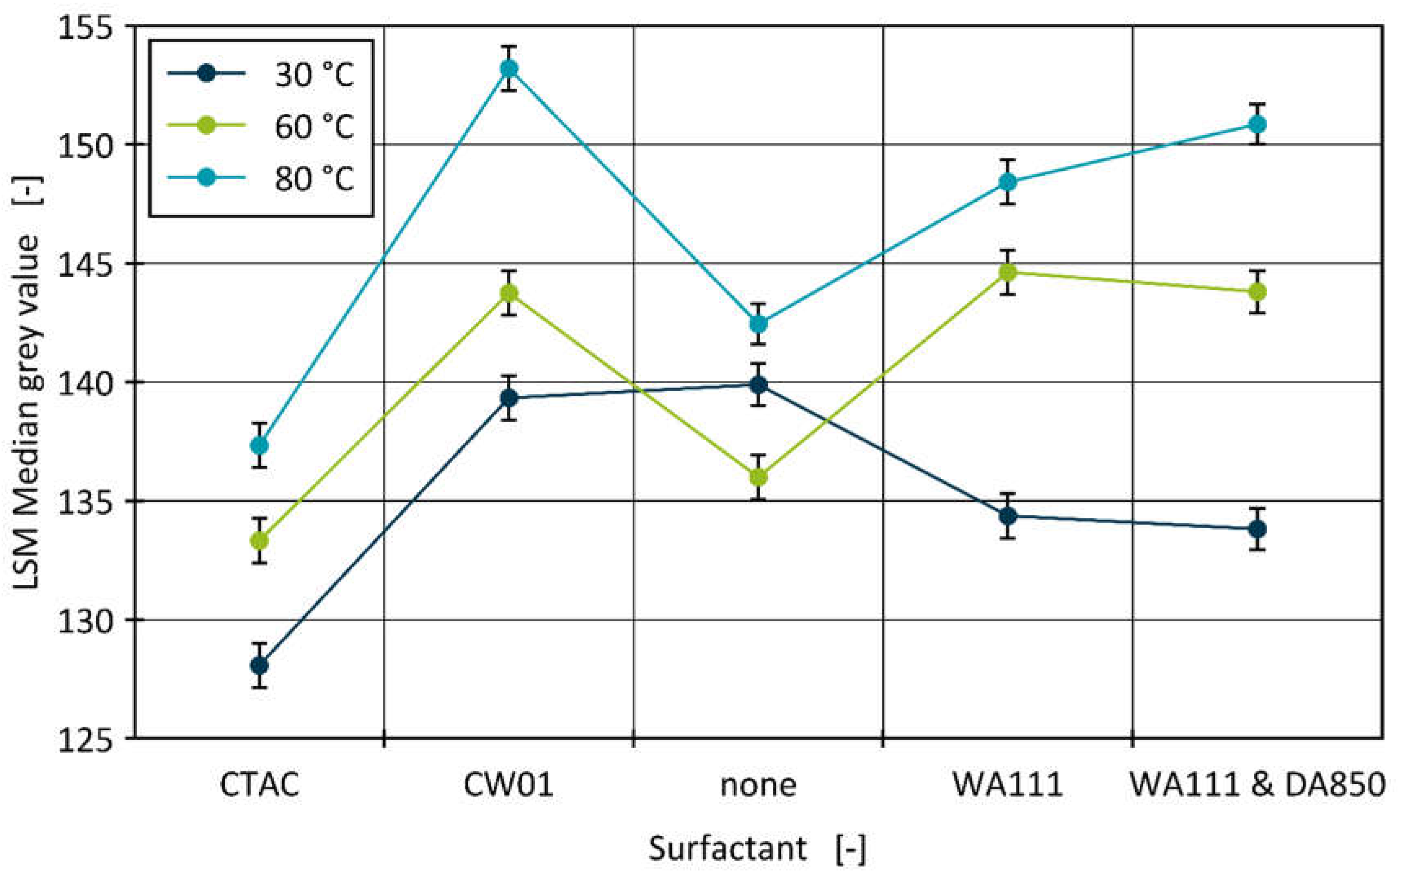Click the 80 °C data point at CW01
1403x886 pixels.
(x=509, y=69)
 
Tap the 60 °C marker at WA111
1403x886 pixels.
(x=1008, y=272)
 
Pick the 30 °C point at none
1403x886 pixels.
(x=758, y=384)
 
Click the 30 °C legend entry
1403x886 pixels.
(x=261, y=75)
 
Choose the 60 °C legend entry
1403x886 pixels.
(x=261, y=126)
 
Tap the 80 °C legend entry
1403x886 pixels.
(x=261, y=178)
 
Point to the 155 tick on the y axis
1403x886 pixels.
(x=86, y=27)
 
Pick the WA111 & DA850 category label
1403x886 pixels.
(x=1257, y=785)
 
